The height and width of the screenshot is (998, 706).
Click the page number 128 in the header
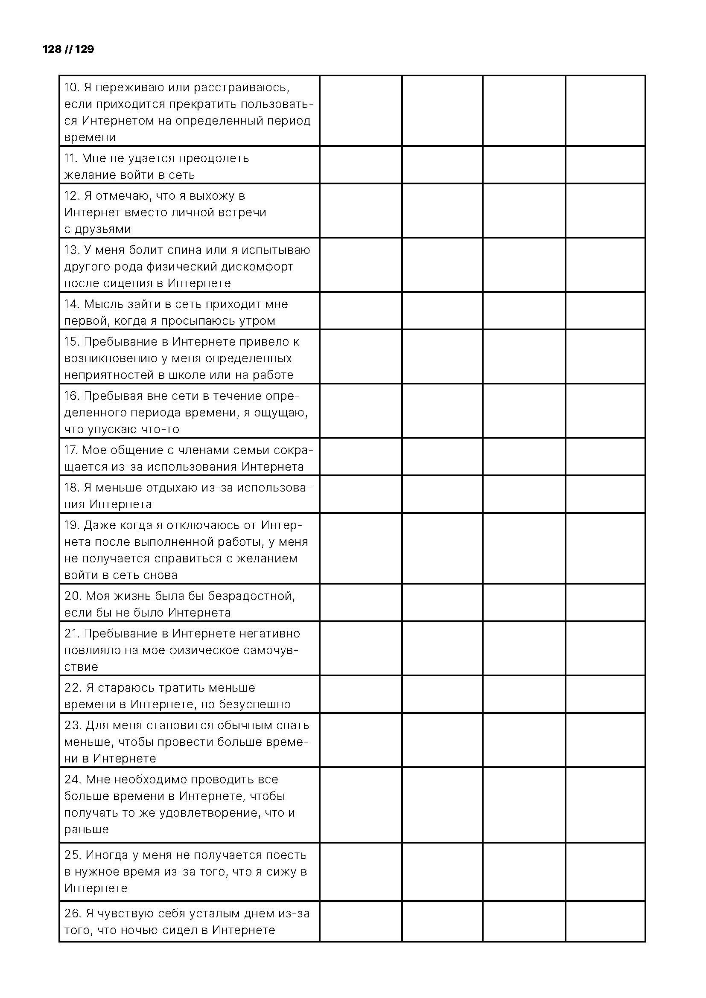point(52,49)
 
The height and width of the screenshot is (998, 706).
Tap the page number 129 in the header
point(85,49)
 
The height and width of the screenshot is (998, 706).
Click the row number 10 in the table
point(71,87)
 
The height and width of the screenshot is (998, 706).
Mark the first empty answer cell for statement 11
point(360,165)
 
